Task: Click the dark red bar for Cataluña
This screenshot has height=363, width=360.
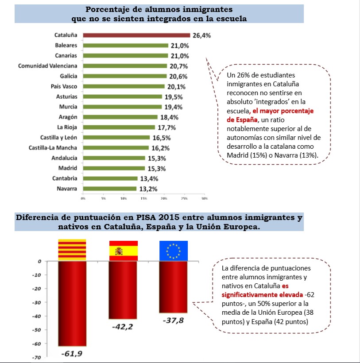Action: coord(136,35)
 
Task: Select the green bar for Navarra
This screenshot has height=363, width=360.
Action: coord(110,189)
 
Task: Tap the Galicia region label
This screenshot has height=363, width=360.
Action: coord(69,76)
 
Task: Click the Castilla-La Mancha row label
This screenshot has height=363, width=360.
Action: coord(53,148)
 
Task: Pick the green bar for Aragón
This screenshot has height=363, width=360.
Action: coord(120,117)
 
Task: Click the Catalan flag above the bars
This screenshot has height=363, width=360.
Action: coord(73,251)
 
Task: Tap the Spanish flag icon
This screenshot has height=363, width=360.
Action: coord(124,251)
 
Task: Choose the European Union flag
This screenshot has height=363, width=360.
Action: coord(174,251)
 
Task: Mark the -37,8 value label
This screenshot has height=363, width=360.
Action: coord(173,320)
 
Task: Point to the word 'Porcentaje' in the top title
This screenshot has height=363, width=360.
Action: coord(107,9)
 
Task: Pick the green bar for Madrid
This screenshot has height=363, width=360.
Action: coord(114,168)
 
